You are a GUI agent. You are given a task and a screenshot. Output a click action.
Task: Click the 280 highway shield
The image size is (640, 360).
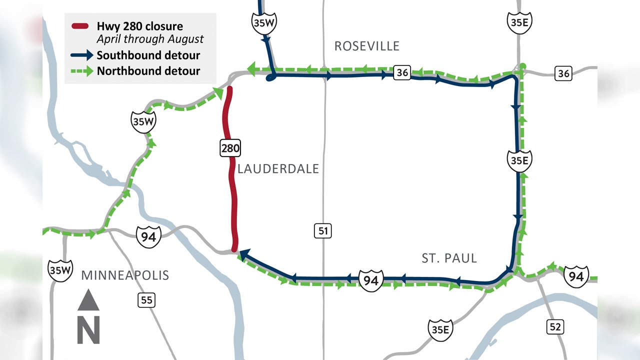point(230,147)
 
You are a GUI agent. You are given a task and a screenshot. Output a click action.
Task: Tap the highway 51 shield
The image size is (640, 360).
point(323,230)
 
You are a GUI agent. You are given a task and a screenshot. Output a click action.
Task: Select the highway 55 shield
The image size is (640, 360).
point(146,300)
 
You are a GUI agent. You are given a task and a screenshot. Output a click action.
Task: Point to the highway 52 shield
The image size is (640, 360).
point(554,327)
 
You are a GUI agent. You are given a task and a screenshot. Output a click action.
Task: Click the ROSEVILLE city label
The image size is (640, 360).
point(367,46)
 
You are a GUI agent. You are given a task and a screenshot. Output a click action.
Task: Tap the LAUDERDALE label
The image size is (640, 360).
point(278,169)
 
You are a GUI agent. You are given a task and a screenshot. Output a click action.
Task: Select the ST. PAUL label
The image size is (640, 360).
point(449,258)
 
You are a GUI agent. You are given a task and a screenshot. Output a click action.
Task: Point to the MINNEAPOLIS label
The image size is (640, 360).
point(125,275)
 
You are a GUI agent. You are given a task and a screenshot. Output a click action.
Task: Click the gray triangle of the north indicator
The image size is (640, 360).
point(88,301)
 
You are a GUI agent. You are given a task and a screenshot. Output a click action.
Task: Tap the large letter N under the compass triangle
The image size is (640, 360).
point(88,330)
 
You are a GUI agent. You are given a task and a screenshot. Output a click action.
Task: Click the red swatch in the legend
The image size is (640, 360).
point(80,26)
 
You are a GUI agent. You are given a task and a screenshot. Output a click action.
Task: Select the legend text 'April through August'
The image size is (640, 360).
point(150,38)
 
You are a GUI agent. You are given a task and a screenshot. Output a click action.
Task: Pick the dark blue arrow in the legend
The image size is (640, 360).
point(82,55)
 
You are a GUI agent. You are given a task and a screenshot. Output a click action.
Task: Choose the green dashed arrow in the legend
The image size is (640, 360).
point(82,70)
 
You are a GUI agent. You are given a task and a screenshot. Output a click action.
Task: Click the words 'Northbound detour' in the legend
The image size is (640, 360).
point(148,70)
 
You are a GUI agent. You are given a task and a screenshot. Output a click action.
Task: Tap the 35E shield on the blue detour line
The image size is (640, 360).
point(518,160)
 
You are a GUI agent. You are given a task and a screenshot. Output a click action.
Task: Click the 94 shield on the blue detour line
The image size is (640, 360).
point(370,280)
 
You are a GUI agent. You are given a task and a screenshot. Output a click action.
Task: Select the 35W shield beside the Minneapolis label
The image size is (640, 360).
point(60,270)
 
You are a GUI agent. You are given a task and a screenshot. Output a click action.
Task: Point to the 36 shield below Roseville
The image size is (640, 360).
point(402,72)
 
